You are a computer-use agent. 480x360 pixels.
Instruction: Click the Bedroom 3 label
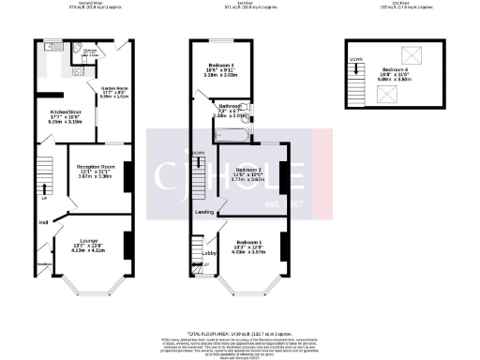click(222, 67)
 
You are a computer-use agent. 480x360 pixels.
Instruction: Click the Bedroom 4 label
click(394, 73)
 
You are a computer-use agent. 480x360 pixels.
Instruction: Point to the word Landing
click(204, 213)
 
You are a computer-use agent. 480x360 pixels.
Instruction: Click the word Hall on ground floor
click(42, 222)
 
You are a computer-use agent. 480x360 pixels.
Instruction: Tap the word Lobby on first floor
click(210, 253)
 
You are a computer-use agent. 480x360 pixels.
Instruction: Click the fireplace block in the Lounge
click(127, 243)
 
